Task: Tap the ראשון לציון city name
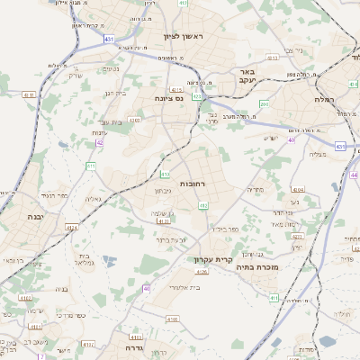click(x=184, y=37)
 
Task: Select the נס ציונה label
click(x=168, y=97)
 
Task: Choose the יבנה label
click(x=35, y=217)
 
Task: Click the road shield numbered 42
click(x=99, y=142)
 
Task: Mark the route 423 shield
click(x=197, y=95)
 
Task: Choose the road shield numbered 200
click(x=264, y=104)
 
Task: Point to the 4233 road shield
click(x=163, y=220)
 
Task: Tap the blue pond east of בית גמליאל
click(x=109, y=261)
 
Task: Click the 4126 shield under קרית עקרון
click(x=202, y=271)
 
